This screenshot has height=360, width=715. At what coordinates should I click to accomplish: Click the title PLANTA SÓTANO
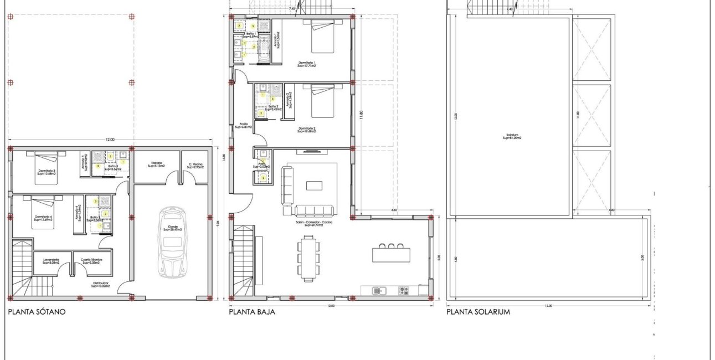click(x=37, y=312)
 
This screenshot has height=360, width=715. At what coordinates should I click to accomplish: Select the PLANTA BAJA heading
click(x=252, y=312)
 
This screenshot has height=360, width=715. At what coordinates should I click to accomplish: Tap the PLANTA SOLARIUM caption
click(x=478, y=312)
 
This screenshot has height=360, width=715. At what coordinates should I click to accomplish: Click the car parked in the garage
click(x=172, y=243)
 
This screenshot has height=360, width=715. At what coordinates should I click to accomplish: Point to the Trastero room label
click(x=157, y=165)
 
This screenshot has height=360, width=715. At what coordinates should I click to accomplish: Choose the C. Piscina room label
click(x=196, y=165)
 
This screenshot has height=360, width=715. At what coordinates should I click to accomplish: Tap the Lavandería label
click(x=51, y=261)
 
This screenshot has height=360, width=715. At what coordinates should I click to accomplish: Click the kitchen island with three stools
click(x=391, y=254)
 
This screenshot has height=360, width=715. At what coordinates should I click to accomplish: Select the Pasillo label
click(x=243, y=125)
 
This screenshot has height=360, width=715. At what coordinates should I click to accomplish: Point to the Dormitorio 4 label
click(x=43, y=218)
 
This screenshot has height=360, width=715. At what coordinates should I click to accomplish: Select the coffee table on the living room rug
click(x=313, y=185)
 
